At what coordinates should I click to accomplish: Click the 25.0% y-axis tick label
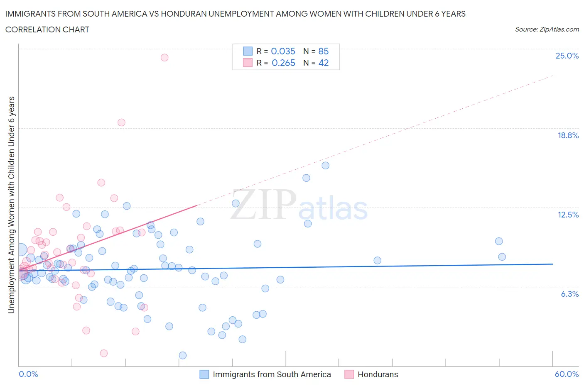(x=567, y=56)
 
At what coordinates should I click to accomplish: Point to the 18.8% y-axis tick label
(x=568, y=135)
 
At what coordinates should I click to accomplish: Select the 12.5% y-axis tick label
(x=568, y=215)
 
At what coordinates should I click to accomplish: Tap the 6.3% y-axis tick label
(x=569, y=294)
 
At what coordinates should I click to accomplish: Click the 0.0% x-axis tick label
(x=28, y=374)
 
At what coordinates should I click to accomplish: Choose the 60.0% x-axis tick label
(x=567, y=374)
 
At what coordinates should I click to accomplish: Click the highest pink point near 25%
(x=164, y=58)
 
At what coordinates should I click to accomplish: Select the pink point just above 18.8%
(x=121, y=122)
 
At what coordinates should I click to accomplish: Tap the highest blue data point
(x=326, y=166)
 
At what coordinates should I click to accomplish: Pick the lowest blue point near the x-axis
(x=183, y=355)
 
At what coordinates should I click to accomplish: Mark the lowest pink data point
(x=104, y=353)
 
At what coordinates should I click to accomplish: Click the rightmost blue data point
(x=502, y=257)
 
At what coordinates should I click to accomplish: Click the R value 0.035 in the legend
(x=283, y=51)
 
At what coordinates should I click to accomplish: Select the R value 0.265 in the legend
(x=283, y=63)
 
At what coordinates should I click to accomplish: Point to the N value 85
(x=323, y=51)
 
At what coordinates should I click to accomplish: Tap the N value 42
(x=323, y=63)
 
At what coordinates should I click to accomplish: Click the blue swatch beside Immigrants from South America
(x=204, y=374)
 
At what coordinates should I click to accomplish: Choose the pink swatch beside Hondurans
(x=349, y=374)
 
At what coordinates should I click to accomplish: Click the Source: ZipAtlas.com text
(x=547, y=29)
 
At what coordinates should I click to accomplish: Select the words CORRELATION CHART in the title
(x=47, y=29)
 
